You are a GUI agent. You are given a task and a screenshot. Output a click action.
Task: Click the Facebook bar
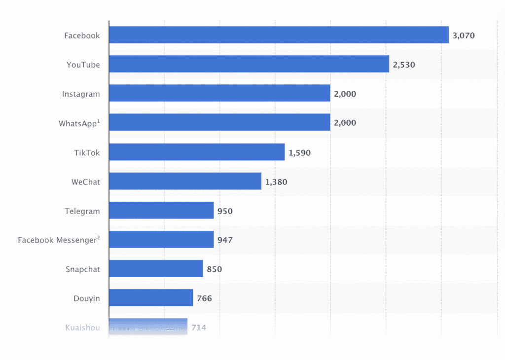tap(279, 35)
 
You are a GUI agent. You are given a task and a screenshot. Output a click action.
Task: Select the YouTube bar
tap(249, 64)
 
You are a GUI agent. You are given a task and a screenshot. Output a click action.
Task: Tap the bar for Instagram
tap(219, 93)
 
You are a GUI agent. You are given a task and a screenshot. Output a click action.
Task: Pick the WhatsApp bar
tap(219, 122)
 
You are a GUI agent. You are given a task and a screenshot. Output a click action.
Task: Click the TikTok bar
tap(197, 152)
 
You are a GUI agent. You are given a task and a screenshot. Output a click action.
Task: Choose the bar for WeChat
tap(185, 181)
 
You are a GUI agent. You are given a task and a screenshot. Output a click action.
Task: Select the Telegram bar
tap(161, 210)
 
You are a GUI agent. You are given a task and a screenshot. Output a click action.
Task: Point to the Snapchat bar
tap(156, 269)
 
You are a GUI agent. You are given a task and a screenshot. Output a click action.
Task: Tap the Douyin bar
tap(151, 297)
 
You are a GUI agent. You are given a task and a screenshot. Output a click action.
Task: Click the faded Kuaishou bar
tap(148, 327)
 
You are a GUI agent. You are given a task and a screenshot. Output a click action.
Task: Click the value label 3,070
tap(464, 36)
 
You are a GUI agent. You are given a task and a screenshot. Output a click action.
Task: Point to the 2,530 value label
tap(404, 65)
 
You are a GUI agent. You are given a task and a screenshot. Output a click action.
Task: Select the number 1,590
tap(299, 152)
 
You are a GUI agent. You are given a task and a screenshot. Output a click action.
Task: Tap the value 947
tap(225, 240)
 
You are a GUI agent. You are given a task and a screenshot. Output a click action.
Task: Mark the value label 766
tap(205, 298)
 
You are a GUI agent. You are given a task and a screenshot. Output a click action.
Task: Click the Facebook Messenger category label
tap(59, 240)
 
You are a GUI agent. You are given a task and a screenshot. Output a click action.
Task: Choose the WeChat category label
tap(86, 182)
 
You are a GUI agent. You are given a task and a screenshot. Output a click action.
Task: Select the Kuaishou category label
tap(82, 328)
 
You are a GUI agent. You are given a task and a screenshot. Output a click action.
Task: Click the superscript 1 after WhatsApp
tap(99, 121)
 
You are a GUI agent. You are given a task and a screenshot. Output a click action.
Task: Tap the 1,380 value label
tap(276, 182)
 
